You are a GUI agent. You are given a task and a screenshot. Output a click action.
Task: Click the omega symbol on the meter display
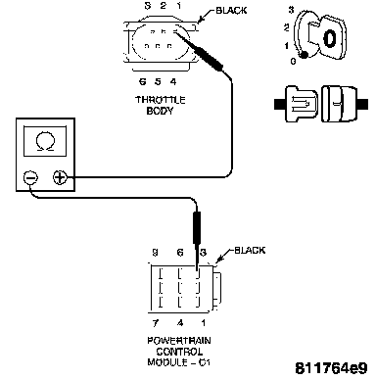(x=45, y=142)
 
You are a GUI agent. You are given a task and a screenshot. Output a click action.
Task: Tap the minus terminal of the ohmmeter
(x=30, y=178)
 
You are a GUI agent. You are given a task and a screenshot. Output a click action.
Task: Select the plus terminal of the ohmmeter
(x=60, y=177)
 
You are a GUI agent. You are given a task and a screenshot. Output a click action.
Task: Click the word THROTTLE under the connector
(x=161, y=100)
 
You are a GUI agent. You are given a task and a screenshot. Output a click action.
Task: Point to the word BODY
(x=160, y=111)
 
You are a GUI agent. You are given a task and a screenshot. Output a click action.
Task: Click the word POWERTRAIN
(x=179, y=341)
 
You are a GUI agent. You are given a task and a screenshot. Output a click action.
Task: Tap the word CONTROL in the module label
(x=179, y=352)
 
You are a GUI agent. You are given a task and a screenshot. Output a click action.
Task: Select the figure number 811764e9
(x=331, y=368)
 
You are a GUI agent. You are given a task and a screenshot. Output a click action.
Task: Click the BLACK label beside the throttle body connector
(x=231, y=11)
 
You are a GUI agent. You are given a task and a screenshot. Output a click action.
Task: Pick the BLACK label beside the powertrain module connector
(x=250, y=251)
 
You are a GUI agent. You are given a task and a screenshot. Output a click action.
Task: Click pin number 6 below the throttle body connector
(x=142, y=81)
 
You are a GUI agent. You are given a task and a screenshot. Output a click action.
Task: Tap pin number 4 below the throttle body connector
(x=173, y=81)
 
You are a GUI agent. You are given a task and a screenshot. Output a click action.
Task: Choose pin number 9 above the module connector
(x=156, y=253)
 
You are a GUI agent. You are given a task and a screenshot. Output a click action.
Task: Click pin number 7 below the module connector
(x=156, y=323)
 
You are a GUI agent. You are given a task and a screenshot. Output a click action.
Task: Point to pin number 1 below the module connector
(x=203, y=323)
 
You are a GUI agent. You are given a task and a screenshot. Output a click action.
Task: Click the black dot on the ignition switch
(x=304, y=55)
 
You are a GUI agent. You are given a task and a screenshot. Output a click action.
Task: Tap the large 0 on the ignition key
(x=330, y=38)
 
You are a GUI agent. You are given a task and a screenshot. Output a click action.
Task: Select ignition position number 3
(x=291, y=10)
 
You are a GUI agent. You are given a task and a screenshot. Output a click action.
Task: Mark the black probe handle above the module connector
(x=197, y=228)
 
